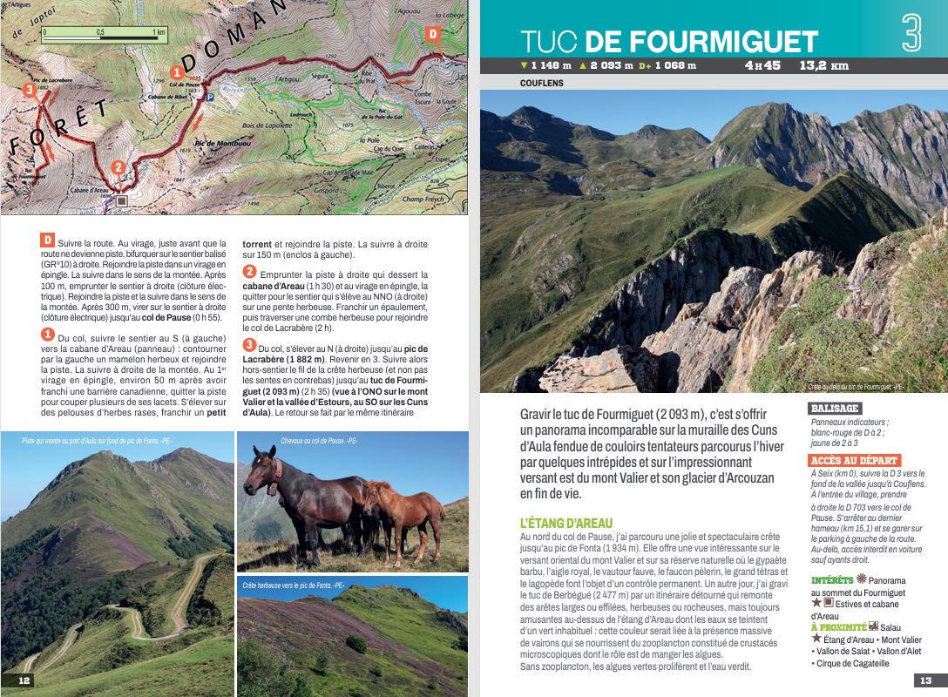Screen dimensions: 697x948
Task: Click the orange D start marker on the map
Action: pyautogui.click(x=432, y=34)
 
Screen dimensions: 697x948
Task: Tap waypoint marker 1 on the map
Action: pyautogui.click(x=177, y=72)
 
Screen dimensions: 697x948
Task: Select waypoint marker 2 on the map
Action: pyautogui.click(x=118, y=168)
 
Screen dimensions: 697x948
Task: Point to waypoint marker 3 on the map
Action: pyautogui.click(x=30, y=90)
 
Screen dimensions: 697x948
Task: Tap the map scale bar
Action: pyautogui.click(x=103, y=37)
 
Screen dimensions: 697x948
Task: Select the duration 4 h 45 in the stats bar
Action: pyautogui.click(x=762, y=65)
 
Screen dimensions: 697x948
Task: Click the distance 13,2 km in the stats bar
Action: pyautogui.click(x=824, y=65)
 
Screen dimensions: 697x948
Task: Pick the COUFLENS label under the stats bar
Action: pyautogui.click(x=541, y=84)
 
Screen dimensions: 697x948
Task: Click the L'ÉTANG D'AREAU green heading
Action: pyautogui.click(x=565, y=523)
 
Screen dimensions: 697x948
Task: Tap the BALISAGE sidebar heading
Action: pyautogui.click(x=834, y=408)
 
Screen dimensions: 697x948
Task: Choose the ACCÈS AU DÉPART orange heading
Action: pyautogui.click(x=854, y=460)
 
